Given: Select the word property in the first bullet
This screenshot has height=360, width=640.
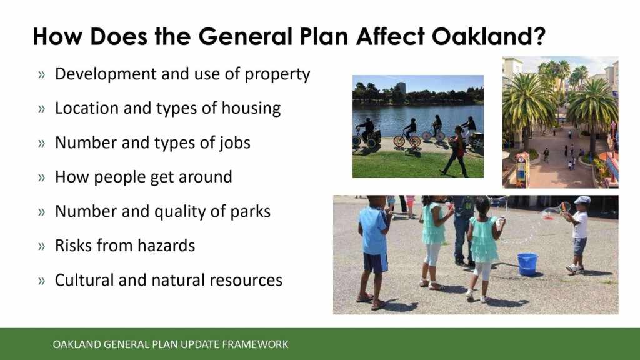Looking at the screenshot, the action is pyautogui.click(x=277, y=75).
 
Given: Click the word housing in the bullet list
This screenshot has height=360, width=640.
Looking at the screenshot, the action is pyautogui.click(x=251, y=109).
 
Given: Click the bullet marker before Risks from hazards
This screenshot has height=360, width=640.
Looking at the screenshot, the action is pyautogui.click(x=42, y=246).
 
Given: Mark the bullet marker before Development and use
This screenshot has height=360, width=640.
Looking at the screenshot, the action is pyautogui.click(x=42, y=75).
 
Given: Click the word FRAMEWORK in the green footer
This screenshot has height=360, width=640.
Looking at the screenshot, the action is pyautogui.click(x=255, y=344).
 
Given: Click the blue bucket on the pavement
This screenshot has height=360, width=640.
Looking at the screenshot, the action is pyautogui.click(x=527, y=264).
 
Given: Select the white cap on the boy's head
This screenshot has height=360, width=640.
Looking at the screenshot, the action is pyautogui.click(x=582, y=200).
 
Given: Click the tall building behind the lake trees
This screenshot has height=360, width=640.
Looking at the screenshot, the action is pyautogui.click(x=400, y=87).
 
